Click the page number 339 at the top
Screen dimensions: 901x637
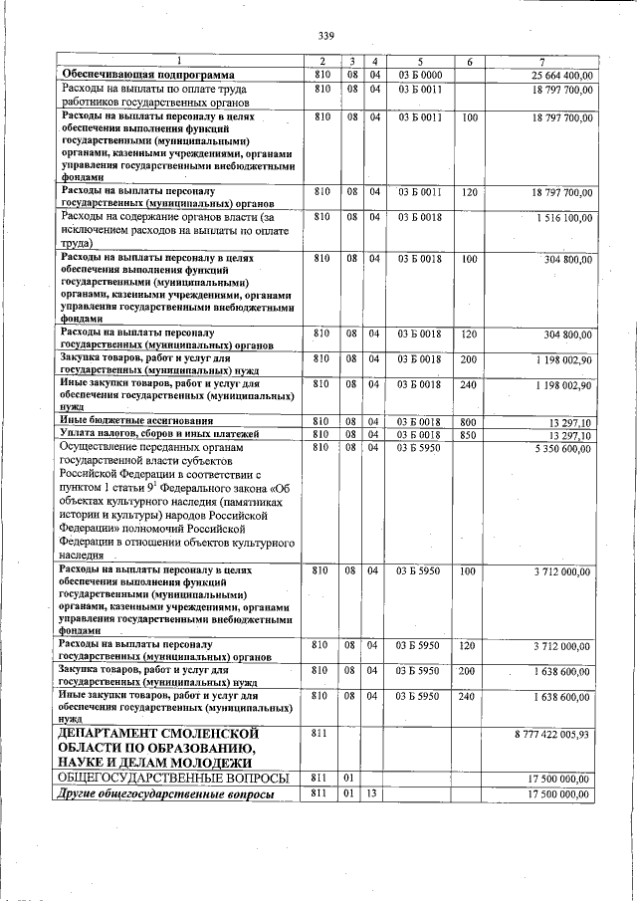coord(325,37)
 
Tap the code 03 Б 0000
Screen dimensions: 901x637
coord(420,76)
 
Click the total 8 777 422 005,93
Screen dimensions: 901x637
coord(551,734)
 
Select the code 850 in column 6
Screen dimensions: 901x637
coord(469,434)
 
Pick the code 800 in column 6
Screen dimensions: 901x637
coord(469,422)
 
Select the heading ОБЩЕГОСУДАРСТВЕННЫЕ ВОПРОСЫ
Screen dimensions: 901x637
coord(173,777)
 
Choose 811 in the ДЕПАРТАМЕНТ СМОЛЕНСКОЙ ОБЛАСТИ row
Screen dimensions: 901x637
coord(319,734)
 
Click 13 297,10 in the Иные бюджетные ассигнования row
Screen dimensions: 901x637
coord(571,423)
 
